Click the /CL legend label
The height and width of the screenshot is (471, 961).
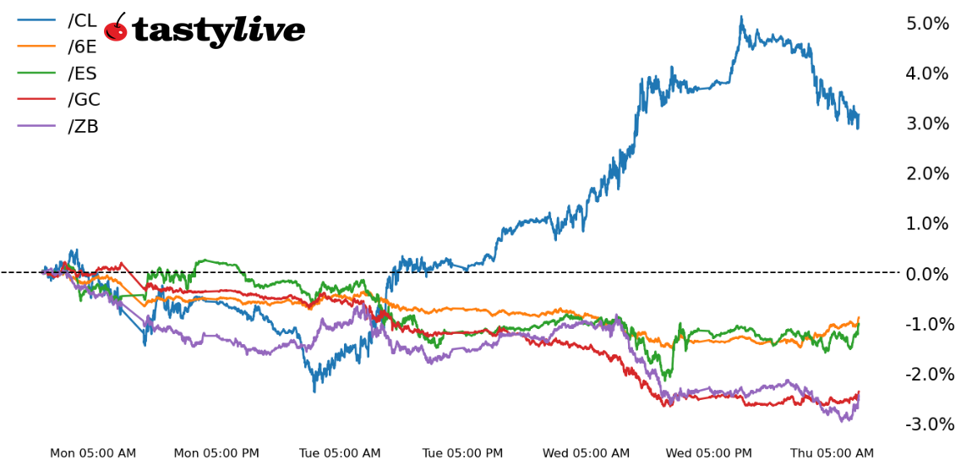pyautogui.click(x=82, y=21)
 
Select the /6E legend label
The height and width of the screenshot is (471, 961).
pyautogui.click(x=82, y=47)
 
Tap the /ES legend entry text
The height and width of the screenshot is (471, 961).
pyautogui.click(x=82, y=74)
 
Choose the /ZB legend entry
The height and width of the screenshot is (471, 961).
pyautogui.click(x=83, y=127)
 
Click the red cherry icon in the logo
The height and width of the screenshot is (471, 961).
pyautogui.click(x=116, y=30)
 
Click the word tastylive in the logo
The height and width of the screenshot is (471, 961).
pyautogui.click(x=218, y=31)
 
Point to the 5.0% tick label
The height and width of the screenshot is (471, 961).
pyautogui.click(x=927, y=24)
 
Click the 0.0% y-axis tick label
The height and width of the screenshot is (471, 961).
pyautogui.click(x=927, y=274)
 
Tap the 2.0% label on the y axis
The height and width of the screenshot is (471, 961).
pyautogui.click(x=927, y=174)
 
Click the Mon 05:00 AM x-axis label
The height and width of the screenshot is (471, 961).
pyautogui.click(x=93, y=454)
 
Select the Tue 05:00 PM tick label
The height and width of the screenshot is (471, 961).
pyautogui.click(x=462, y=454)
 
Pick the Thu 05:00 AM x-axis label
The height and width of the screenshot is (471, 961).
pyautogui.click(x=832, y=454)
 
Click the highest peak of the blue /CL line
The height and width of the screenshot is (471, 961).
pyautogui.click(x=741, y=17)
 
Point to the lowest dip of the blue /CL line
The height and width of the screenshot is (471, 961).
pyautogui.click(x=314, y=391)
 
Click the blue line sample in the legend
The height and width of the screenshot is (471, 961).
pyautogui.click(x=36, y=21)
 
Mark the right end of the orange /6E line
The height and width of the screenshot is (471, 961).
pyautogui.click(x=859, y=318)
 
